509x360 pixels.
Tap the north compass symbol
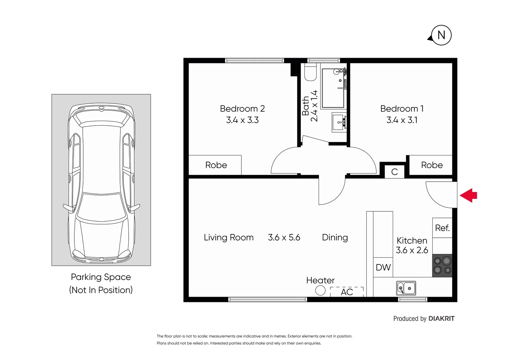click(x=441, y=35)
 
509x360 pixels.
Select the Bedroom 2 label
click(x=242, y=109)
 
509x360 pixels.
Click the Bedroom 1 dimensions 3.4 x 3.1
click(x=402, y=120)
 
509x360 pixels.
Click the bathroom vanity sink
click(x=339, y=122)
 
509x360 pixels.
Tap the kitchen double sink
click(x=406, y=288)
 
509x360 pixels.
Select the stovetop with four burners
click(x=442, y=266)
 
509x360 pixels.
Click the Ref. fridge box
click(x=442, y=228)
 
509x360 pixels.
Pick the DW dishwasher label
click(x=383, y=267)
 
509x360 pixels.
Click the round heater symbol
click(x=320, y=291)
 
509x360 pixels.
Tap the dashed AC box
click(x=347, y=292)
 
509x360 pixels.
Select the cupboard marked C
click(x=394, y=172)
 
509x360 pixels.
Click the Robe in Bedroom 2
click(x=216, y=165)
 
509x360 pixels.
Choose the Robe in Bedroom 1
click(x=432, y=165)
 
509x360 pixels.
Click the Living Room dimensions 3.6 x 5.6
click(x=284, y=237)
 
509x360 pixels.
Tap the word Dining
click(x=335, y=237)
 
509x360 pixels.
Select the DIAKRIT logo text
click(x=441, y=319)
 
